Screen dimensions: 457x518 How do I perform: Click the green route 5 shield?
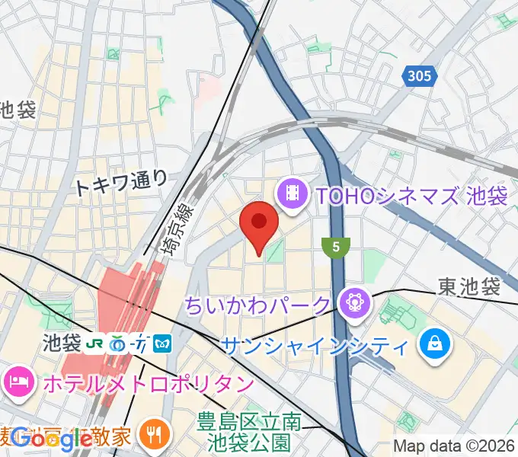point(336,247)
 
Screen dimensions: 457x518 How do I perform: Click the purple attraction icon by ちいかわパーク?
point(354,303)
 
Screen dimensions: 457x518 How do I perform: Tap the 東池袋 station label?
point(468,287)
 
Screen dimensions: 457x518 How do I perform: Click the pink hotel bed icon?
point(18,382)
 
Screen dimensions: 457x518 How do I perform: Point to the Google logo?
point(52,439)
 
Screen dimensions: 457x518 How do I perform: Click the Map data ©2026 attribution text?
point(454,446)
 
